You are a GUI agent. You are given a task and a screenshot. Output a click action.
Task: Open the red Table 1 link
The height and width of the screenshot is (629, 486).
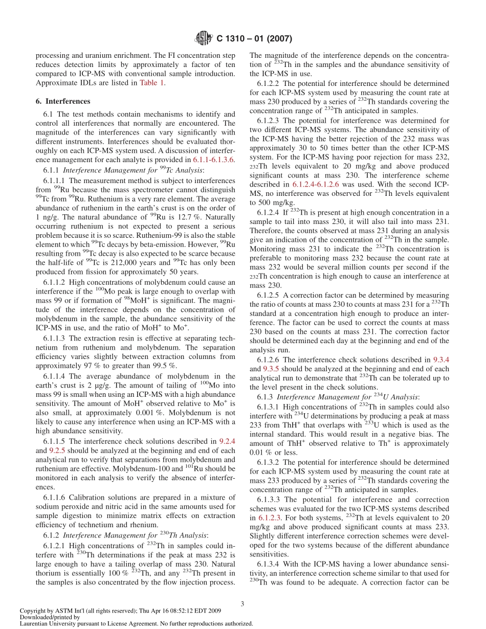click(x=151, y=83)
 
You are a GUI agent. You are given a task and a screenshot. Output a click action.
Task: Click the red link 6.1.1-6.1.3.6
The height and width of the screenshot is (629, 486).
click(x=214, y=160)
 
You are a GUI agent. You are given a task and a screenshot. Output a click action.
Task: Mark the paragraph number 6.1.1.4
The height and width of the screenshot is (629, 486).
click(x=55, y=377)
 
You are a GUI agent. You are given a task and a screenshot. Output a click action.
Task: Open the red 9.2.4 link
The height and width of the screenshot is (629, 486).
click(x=227, y=441)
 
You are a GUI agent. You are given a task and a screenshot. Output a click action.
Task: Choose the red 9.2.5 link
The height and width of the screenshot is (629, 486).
click(x=57, y=451)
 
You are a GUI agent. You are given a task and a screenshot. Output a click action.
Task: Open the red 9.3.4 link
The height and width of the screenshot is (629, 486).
click(x=441, y=360)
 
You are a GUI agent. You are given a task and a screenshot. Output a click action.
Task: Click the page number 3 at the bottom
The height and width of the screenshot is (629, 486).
click(x=242, y=603)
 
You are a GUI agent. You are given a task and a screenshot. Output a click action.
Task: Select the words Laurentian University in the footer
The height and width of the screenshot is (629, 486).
click(x=49, y=623)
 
